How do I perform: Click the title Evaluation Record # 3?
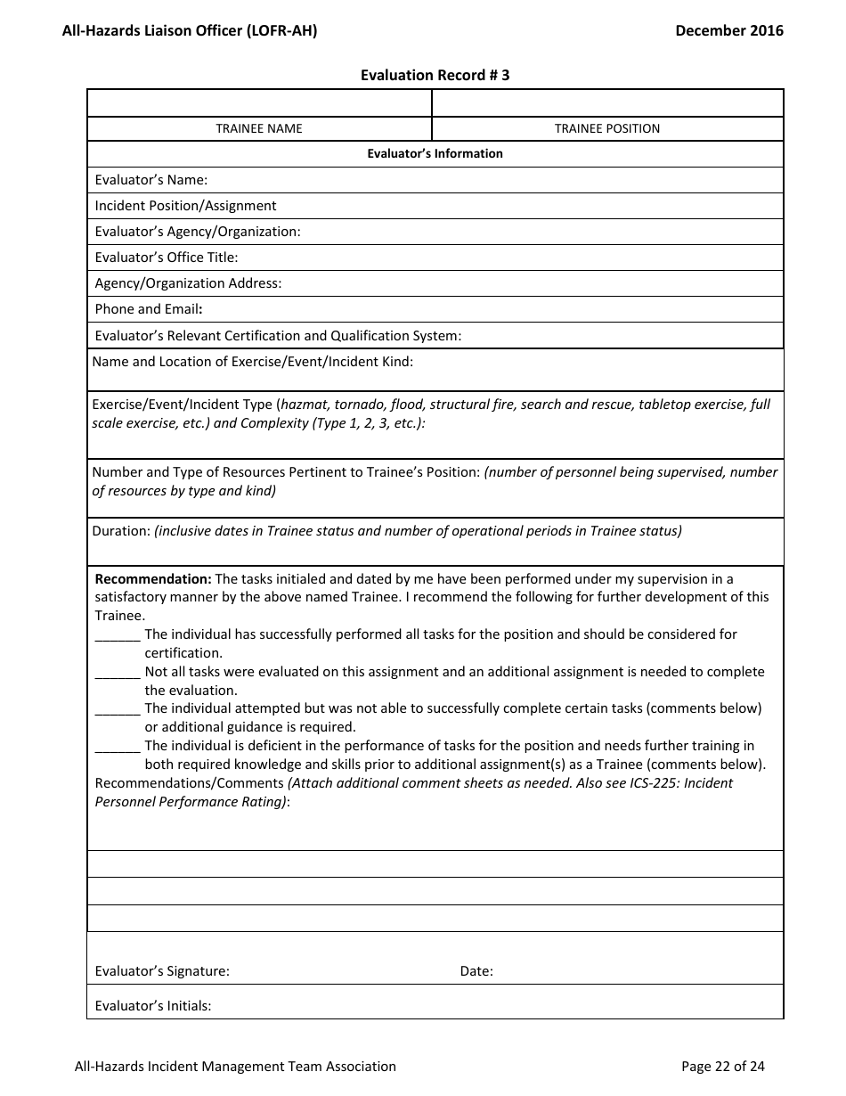pos(435,76)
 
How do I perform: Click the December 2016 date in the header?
pos(729,30)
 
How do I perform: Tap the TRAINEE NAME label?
pos(259,128)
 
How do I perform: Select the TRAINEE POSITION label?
pos(607,128)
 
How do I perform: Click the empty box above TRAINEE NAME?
pos(259,103)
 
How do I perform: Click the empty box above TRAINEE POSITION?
pos(607,103)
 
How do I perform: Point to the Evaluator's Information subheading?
pos(435,153)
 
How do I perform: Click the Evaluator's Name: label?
pos(151,180)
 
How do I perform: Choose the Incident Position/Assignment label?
pos(185,206)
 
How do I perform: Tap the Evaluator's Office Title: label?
pos(167,258)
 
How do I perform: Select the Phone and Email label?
pos(149,309)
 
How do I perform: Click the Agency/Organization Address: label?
pos(188,283)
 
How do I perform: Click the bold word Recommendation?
pos(153,579)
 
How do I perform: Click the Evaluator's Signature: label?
pos(162,971)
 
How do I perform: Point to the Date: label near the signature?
pos(476,971)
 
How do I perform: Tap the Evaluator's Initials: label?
pos(153,1006)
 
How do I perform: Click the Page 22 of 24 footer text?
pos(722,1066)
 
